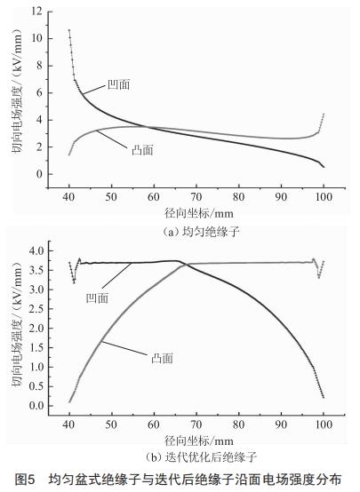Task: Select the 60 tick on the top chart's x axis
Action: click(x=153, y=196)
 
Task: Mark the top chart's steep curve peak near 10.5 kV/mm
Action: click(x=69, y=31)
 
